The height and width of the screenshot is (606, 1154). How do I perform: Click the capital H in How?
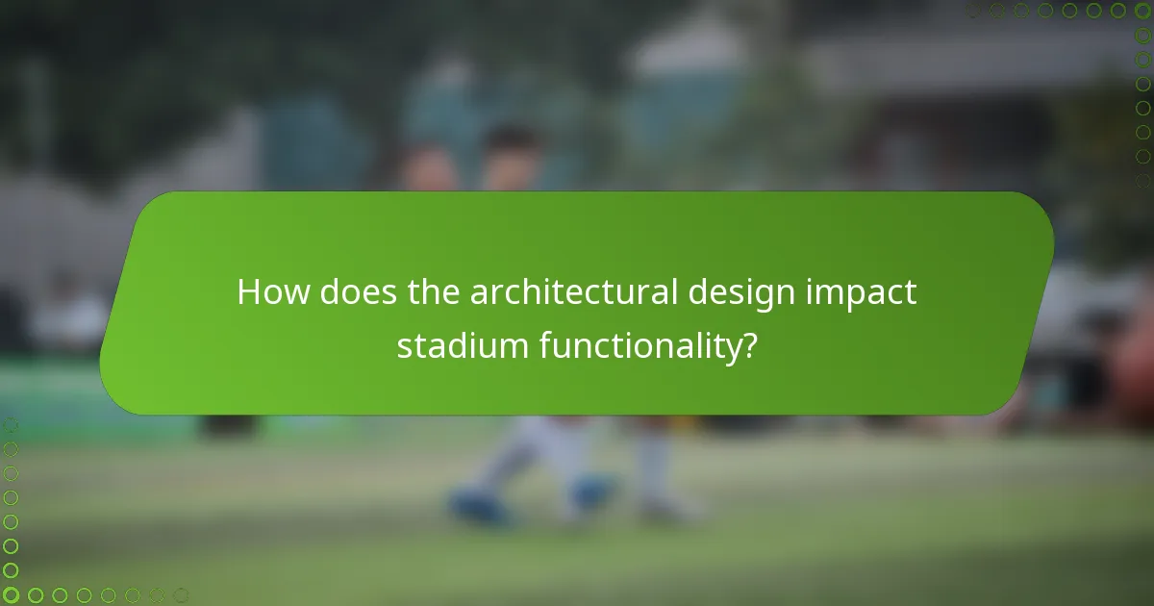(x=249, y=292)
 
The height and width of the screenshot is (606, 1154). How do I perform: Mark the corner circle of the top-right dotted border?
(x=1142, y=11)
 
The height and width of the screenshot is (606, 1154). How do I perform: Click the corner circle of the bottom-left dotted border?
(x=11, y=595)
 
